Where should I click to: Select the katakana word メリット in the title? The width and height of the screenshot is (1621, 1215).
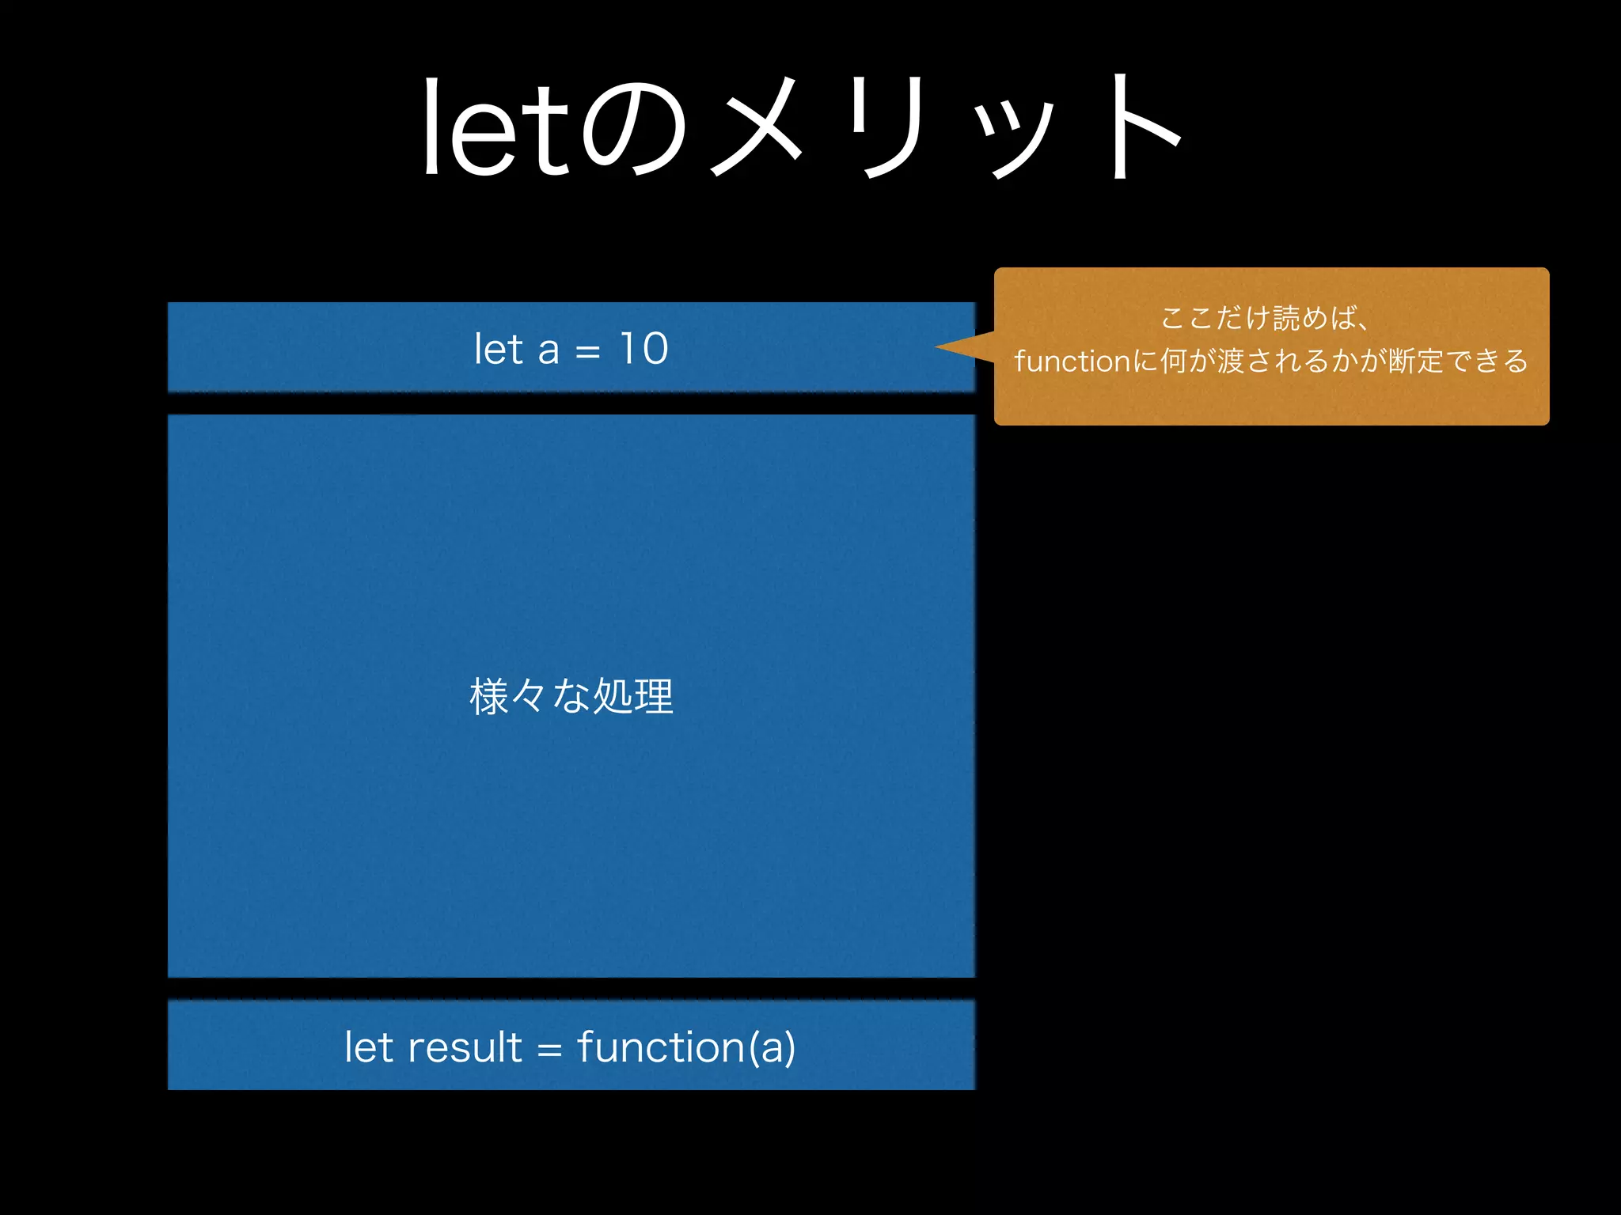(946, 127)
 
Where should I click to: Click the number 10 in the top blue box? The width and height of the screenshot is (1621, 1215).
(643, 349)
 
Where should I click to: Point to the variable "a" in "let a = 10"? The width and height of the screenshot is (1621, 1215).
(548, 350)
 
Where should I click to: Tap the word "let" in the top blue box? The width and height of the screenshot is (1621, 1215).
(499, 349)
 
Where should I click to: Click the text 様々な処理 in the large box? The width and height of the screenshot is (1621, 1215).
(571, 697)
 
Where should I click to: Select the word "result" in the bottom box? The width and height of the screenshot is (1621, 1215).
(465, 1047)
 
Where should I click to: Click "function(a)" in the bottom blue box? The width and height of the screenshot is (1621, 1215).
(686, 1047)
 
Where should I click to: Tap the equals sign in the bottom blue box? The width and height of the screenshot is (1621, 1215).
(549, 1050)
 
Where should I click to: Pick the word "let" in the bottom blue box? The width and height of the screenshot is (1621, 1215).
(368, 1047)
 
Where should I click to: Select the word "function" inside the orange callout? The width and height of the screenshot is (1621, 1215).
(1072, 361)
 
